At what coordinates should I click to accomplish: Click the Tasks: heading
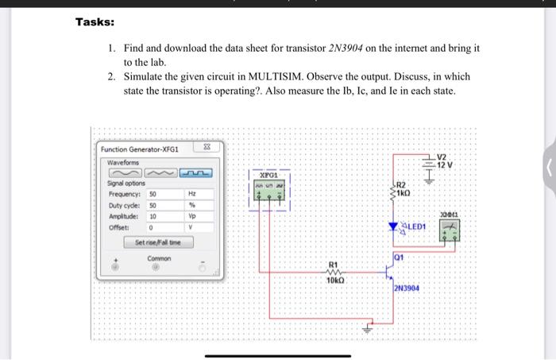coord(95,22)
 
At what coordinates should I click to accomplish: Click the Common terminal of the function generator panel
coord(158,269)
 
